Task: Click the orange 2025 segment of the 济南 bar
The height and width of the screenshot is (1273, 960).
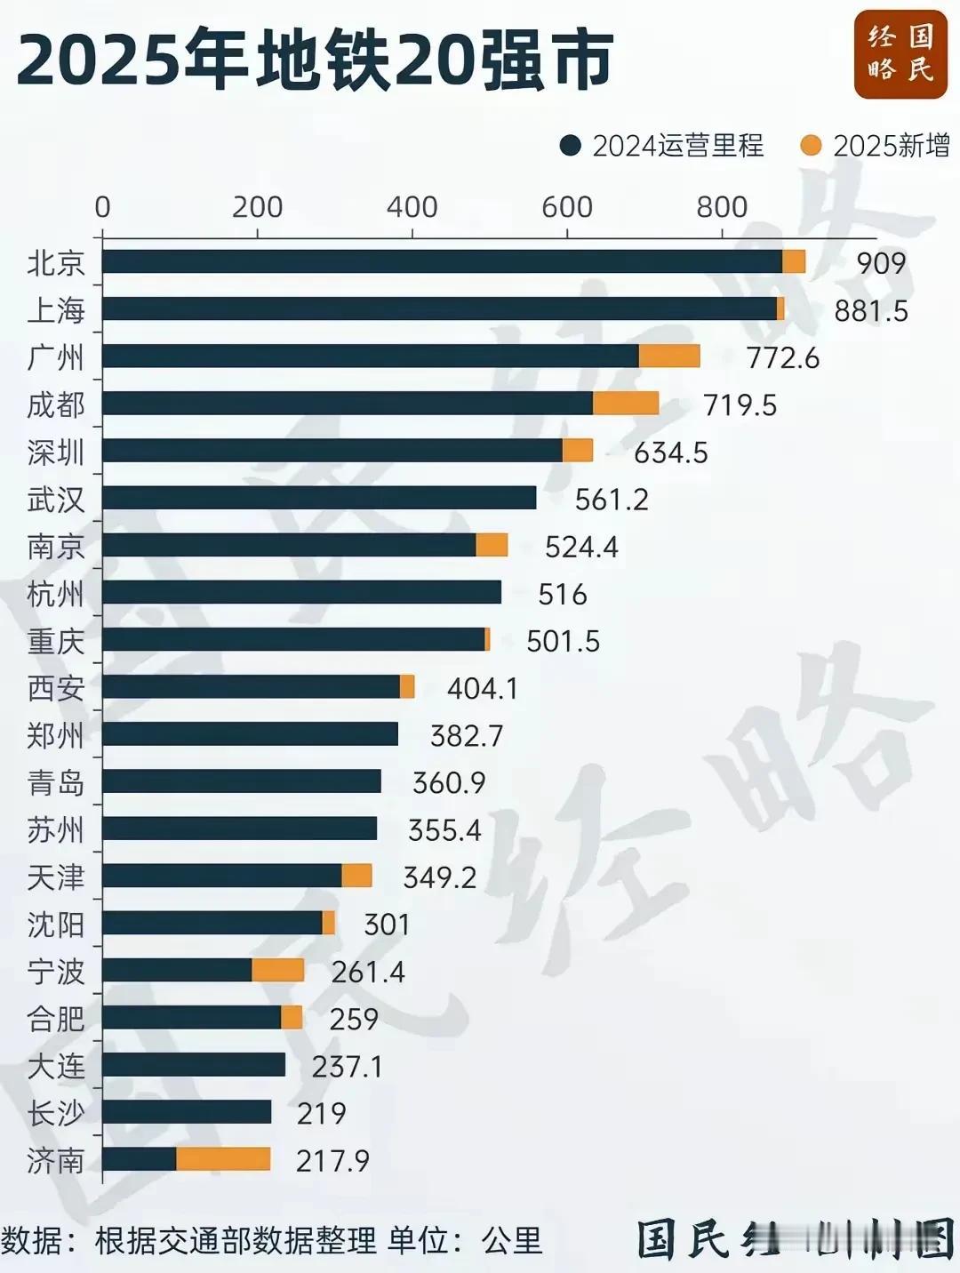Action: coord(223,1159)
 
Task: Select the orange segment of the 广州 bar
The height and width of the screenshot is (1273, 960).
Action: coord(669,356)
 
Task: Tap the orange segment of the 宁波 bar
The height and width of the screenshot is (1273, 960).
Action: coord(278,970)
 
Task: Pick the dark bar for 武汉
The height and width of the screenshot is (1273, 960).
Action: coord(319,498)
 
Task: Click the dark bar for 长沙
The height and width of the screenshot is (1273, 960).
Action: coord(187,1112)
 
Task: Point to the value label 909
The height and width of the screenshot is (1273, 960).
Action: coord(881,263)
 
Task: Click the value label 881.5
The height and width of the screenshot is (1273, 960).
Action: coord(871,310)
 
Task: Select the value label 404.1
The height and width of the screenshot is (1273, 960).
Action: coord(482,688)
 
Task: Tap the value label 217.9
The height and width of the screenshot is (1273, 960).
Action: coord(332,1160)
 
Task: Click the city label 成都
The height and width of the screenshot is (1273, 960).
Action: coord(55,404)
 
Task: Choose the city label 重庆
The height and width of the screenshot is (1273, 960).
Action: coord(55,641)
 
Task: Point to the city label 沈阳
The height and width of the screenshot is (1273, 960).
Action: coord(55,925)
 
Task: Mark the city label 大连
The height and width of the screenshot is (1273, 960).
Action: coord(55,1066)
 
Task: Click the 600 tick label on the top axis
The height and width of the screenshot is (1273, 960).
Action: coord(567,207)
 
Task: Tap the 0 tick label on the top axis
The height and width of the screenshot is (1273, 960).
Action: coord(102,207)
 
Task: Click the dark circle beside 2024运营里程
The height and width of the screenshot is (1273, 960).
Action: coord(571,145)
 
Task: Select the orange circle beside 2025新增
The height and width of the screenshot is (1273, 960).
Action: coord(811,145)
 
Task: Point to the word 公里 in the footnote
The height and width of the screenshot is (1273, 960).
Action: coord(512,1240)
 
